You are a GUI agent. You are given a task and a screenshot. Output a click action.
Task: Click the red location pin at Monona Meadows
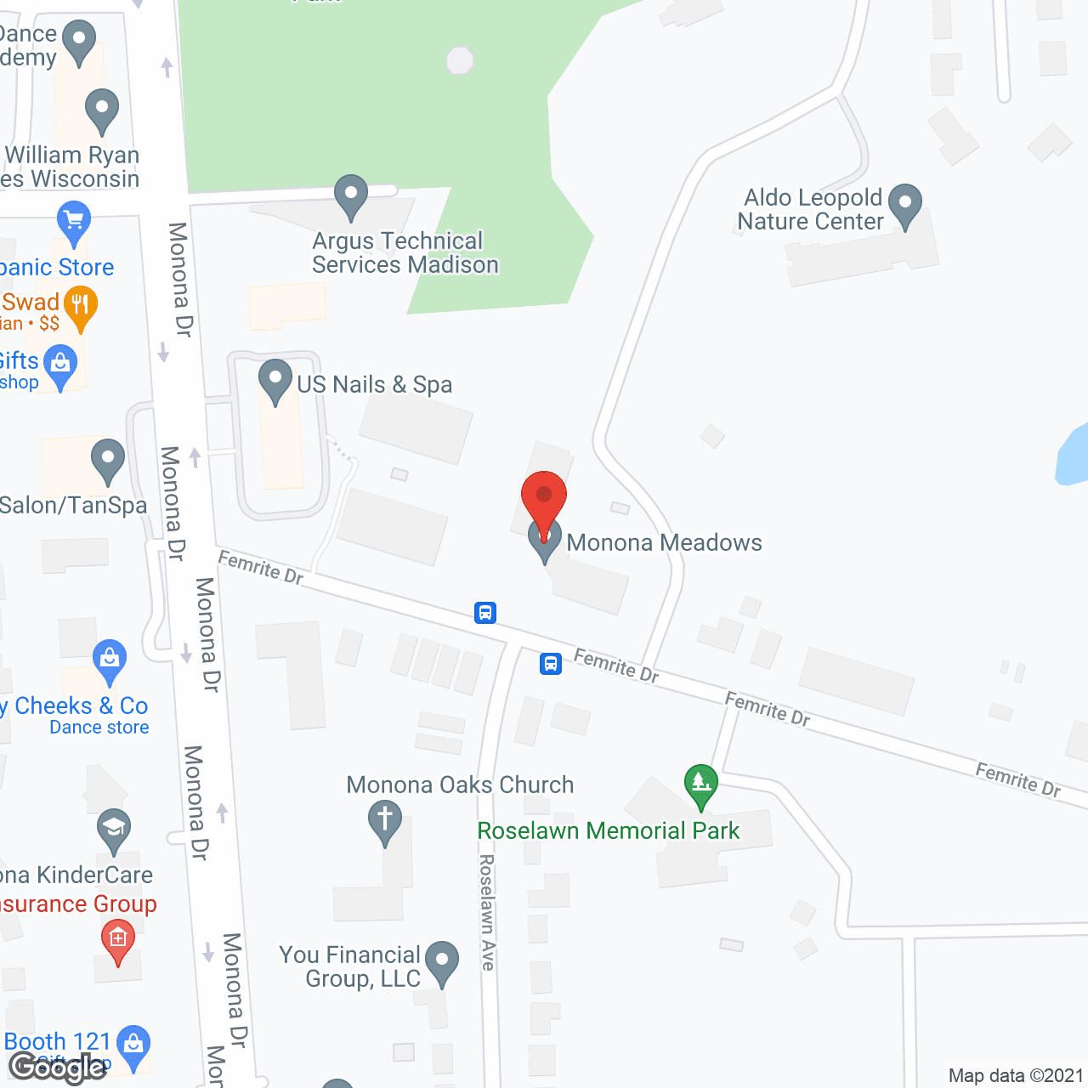544,497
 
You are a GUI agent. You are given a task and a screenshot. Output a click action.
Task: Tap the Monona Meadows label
664,542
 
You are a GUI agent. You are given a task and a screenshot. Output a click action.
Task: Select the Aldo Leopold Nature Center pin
905,205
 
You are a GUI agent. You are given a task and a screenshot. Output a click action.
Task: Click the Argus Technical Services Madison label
405,253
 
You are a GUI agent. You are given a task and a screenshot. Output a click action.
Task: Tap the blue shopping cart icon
74,222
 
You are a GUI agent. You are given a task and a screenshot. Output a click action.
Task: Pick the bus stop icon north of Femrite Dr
485,612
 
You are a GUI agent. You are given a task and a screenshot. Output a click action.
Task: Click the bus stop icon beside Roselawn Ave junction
551,663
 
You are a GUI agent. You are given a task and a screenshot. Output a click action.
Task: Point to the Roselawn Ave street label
487,912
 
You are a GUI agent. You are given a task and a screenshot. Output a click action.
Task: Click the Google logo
58,1068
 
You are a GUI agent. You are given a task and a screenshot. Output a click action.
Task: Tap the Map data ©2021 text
1016,1075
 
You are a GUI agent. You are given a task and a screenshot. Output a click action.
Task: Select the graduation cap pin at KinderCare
114,829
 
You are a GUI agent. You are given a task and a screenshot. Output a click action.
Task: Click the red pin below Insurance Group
118,941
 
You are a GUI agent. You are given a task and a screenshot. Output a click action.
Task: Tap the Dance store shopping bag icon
110,660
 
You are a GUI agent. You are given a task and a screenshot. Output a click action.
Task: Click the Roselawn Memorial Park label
609,830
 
